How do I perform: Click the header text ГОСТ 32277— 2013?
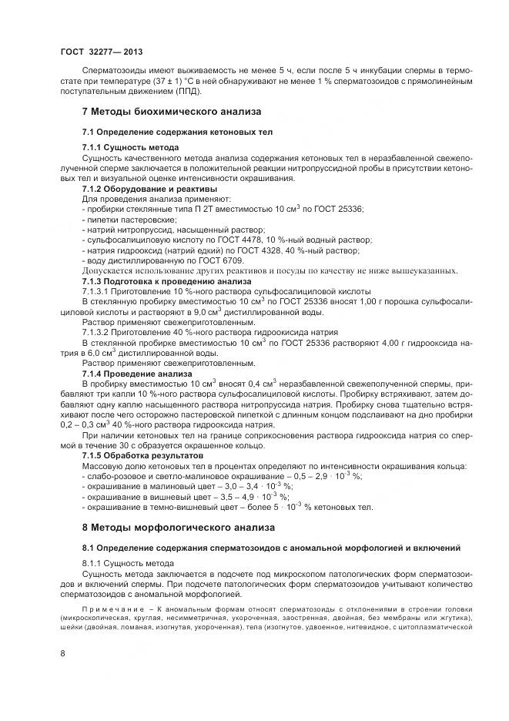101,50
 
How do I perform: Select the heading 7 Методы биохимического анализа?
172,112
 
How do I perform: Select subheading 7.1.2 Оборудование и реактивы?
149,189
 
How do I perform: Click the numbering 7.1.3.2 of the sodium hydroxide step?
98,331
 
